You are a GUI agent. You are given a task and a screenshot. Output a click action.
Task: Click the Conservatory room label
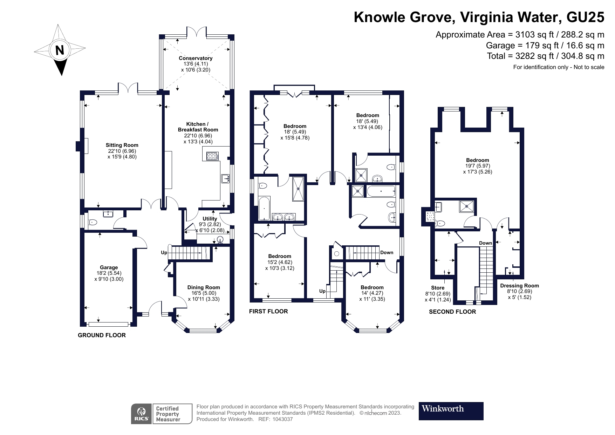click(x=196, y=58)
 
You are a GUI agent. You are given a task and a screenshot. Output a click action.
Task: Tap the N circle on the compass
click(x=60, y=50)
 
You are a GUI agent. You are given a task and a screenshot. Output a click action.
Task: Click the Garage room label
click(x=109, y=267)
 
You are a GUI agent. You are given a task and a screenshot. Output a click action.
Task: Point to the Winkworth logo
click(x=451, y=411)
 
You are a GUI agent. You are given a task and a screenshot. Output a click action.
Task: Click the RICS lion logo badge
click(x=142, y=414)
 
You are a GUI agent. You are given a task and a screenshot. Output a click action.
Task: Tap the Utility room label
click(x=210, y=219)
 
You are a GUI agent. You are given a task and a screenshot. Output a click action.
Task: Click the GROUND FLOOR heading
click(x=102, y=335)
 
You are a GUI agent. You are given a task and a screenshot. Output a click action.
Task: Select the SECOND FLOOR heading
click(x=452, y=312)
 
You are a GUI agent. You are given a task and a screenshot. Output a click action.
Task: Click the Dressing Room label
click(x=519, y=286)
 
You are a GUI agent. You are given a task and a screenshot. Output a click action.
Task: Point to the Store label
click(x=438, y=288)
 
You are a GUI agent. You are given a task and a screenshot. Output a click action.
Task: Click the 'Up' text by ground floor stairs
click(x=164, y=252)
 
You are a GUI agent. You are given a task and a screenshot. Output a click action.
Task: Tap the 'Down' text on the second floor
click(x=485, y=243)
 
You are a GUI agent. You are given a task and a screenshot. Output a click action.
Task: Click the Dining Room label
click(x=203, y=287)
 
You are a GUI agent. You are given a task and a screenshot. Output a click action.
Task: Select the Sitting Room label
click(x=122, y=145)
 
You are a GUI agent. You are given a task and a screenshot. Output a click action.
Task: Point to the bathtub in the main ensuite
click(x=264, y=208)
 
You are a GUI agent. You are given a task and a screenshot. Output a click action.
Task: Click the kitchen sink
click(x=225, y=179)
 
